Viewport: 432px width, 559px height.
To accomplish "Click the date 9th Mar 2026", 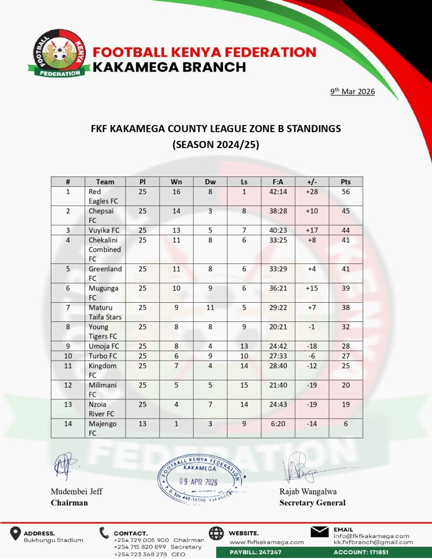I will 352,92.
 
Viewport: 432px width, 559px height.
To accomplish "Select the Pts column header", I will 345,182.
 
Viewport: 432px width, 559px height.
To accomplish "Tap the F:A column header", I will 277,182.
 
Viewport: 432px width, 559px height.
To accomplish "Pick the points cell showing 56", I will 345,192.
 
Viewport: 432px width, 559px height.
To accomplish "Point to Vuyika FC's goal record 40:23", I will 277,230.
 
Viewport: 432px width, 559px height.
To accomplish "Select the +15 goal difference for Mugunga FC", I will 311,288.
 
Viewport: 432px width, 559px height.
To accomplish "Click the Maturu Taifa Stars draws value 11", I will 210,308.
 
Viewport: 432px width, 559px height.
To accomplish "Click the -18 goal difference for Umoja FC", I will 311,346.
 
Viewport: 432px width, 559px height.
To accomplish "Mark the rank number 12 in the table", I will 68,385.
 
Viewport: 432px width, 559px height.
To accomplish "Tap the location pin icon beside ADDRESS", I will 15,534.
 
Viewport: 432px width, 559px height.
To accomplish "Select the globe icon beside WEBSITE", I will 216,534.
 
